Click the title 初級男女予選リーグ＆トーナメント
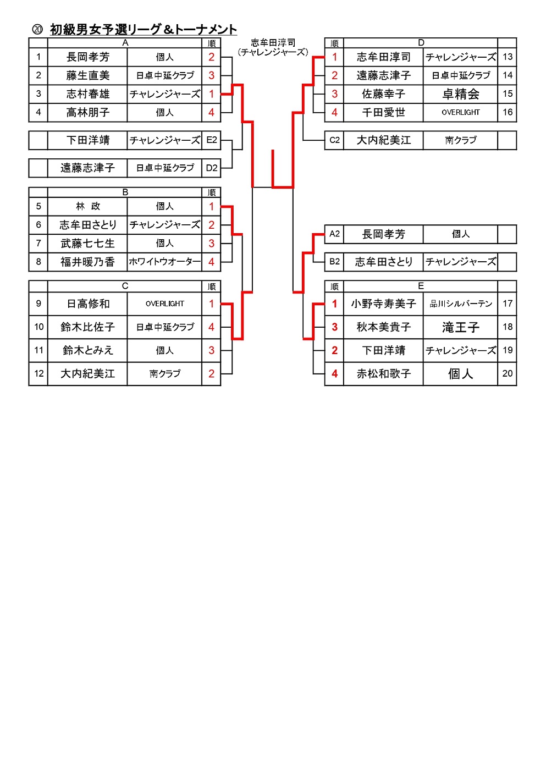tap(143, 30)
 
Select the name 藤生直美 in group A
tap(87, 76)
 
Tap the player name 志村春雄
tap(87, 94)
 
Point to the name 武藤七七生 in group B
tap(87, 244)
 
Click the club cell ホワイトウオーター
tap(164, 262)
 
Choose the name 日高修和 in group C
tap(87, 304)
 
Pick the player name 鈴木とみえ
tap(87, 350)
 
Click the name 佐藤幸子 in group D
tap(383, 94)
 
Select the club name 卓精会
tap(460, 94)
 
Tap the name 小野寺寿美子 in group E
tap(383, 304)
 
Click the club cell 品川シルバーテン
tap(460, 304)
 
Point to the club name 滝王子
tap(460, 328)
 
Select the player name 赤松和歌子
tap(383, 374)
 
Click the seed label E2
tap(211, 140)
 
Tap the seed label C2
tap(334, 140)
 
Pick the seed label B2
tap(334, 262)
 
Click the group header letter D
tap(421, 43)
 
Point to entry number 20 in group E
tap(507, 374)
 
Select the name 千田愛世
tap(383, 113)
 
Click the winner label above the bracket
tap(273, 47)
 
